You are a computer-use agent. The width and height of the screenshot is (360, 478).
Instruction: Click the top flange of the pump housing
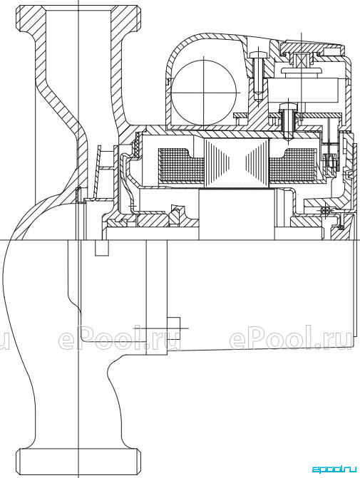(78, 19)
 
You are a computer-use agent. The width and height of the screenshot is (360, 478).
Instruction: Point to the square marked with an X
(301, 59)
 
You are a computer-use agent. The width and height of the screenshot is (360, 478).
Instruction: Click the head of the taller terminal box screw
(258, 55)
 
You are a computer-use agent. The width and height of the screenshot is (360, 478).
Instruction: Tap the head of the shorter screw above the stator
(288, 106)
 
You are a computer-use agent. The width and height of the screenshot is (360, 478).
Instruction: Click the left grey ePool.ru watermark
(120, 338)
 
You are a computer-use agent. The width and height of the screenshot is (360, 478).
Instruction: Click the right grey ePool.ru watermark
(291, 338)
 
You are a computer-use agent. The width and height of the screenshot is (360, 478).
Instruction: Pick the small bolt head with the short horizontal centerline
(174, 328)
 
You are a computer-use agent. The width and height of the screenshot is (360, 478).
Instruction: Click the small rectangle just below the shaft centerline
(102, 248)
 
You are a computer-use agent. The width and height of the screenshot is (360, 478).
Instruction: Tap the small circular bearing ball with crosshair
(324, 211)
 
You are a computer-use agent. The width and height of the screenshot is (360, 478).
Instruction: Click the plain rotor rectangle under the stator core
(237, 214)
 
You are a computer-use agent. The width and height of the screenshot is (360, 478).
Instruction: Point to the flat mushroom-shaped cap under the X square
(301, 71)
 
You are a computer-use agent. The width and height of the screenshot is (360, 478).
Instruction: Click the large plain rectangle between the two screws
(304, 90)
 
